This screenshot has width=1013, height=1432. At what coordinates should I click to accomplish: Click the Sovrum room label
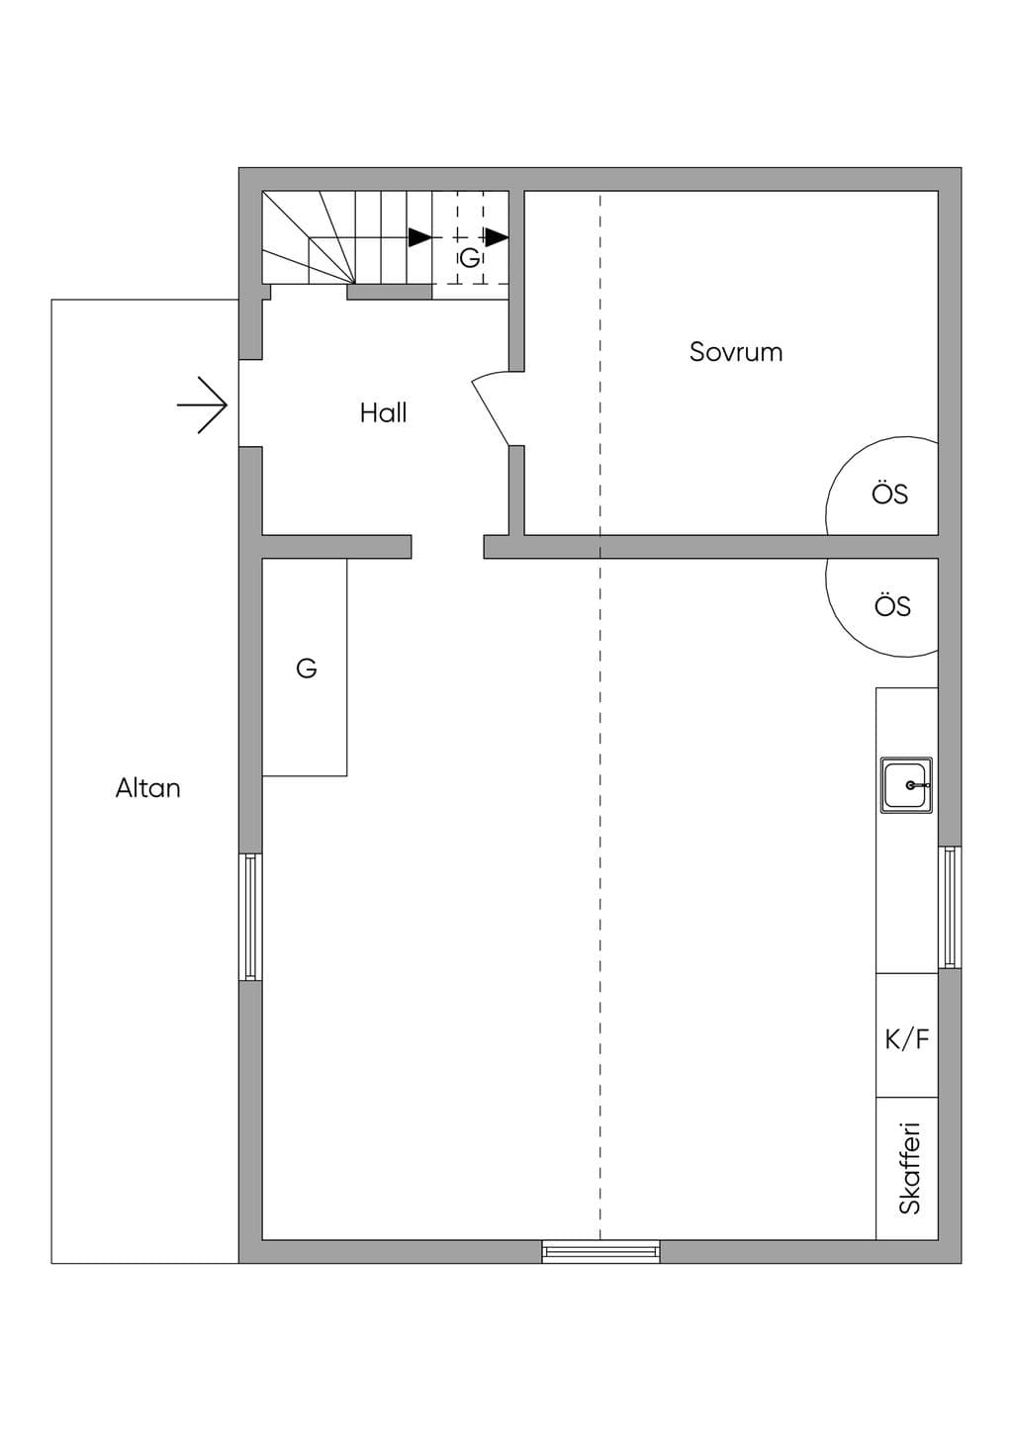735,352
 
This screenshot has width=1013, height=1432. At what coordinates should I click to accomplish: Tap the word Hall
383,413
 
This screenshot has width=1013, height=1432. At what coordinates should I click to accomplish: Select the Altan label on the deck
147,788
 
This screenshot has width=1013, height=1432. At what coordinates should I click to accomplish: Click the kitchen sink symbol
906,785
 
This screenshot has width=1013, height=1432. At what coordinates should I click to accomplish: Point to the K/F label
907,1040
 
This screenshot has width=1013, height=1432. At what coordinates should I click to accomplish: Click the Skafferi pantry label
909,1168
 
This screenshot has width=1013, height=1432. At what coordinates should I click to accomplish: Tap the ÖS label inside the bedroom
889,493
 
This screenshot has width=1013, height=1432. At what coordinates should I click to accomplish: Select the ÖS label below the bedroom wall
892,605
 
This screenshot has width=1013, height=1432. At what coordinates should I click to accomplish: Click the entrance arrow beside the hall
202,405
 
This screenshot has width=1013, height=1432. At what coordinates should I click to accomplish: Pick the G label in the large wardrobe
307,669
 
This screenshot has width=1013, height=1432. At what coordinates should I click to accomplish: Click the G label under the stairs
470,258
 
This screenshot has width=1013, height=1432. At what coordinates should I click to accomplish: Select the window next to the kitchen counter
950,907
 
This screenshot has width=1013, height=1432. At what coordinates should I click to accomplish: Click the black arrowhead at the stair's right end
497,237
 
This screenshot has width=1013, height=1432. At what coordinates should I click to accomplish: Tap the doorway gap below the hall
447,547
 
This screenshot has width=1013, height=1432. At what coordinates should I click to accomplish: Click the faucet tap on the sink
917,784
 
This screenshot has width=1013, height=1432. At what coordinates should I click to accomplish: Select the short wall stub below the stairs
390,292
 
